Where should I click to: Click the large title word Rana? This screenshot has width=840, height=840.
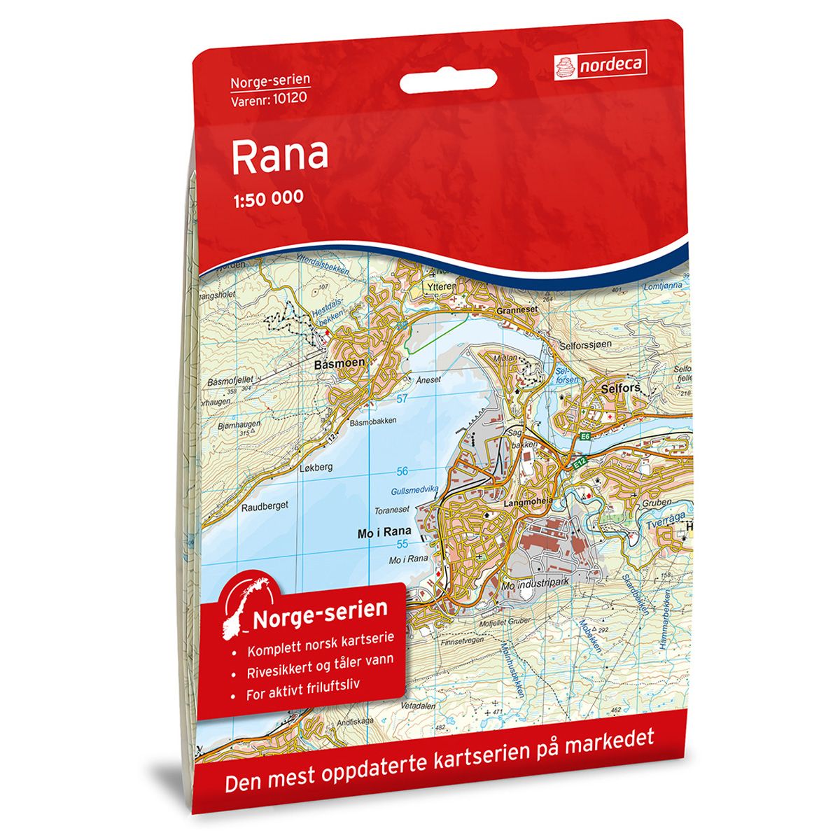(279, 155)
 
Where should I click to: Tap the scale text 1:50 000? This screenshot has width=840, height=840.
(267, 197)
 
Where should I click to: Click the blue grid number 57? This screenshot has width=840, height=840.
(402, 398)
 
